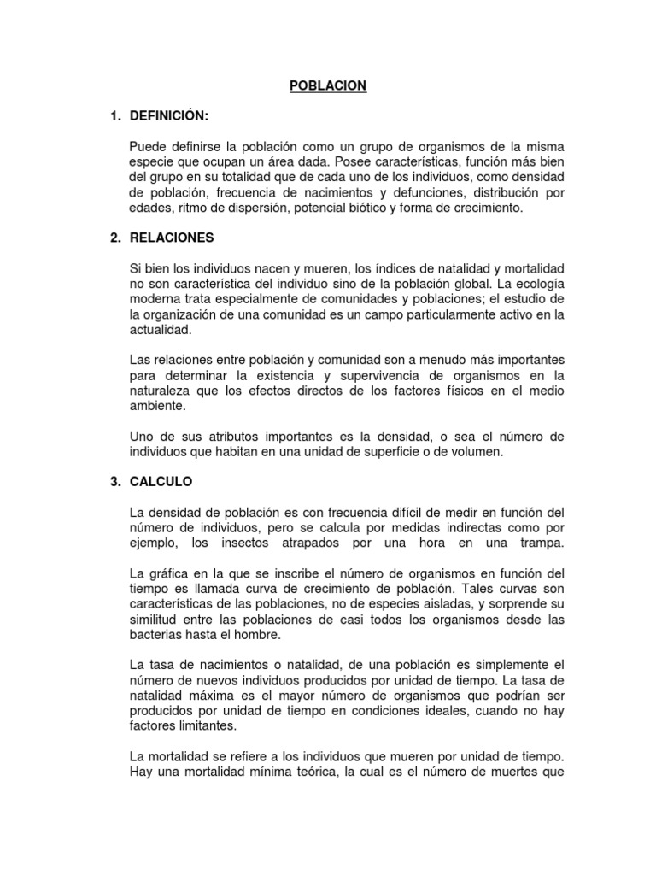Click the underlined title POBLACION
click(x=328, y=85)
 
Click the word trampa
click(x=543, y=543)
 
